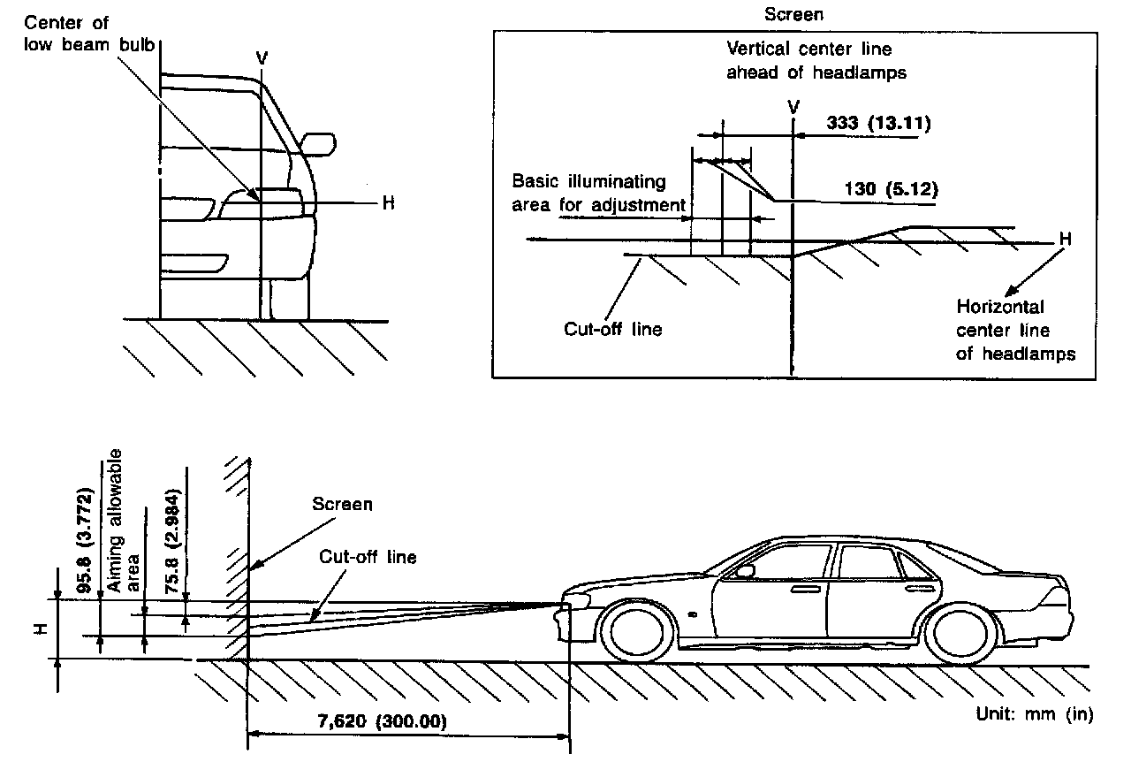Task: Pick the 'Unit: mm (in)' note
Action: (1034, 714)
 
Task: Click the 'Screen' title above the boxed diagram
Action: (793, 15)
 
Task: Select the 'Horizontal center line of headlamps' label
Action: (1015, 330)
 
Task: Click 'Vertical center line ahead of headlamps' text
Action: (816, 60)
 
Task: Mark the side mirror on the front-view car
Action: (317, 143)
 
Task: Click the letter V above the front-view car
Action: (262, 57)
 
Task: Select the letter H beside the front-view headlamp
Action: (387, 202)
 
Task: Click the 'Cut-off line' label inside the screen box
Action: (613, 330)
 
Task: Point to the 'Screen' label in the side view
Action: (342, 504)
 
